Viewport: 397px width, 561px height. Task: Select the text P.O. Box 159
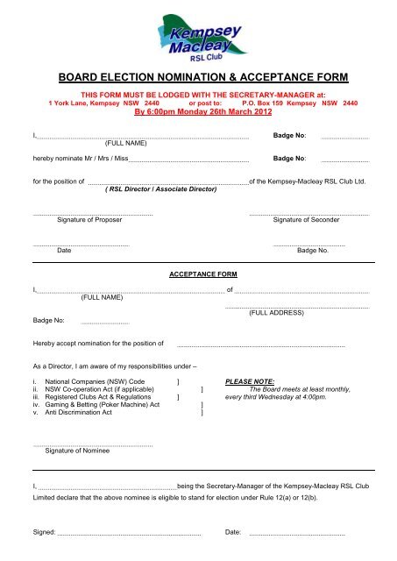267,103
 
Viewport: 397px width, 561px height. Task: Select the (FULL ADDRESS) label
280,312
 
